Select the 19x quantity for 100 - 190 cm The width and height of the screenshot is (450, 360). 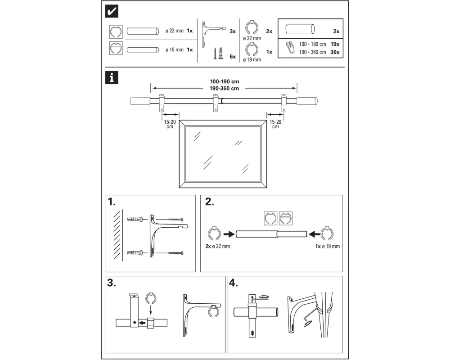tap(334, 45)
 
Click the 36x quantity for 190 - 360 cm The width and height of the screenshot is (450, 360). tap(334, 52)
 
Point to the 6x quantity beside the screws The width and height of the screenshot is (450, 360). tap(233, 57)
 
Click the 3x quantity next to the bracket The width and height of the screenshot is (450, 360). tap(233, 31)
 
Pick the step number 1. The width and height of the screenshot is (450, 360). tap(114, 202)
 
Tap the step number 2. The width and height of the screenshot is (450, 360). tap(209, 202)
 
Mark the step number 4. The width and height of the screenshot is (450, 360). tap(234, 283)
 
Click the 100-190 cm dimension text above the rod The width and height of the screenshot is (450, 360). tap(224, 81)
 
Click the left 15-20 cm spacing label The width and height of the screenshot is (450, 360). tap(170, 124)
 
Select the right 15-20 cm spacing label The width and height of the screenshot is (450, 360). tap(275, 124)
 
